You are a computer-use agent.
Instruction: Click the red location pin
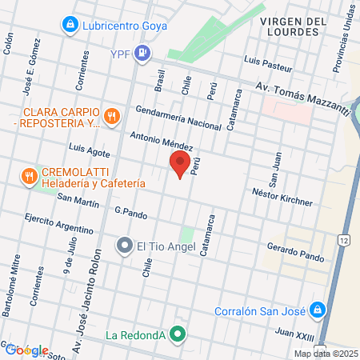180,164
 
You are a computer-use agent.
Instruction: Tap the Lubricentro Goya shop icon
71,25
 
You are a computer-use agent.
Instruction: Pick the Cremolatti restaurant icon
29,175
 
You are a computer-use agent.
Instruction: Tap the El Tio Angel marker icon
124,245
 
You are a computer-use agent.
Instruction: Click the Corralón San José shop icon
318,309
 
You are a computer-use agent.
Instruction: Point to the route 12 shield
343,240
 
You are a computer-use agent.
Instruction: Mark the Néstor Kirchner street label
282,197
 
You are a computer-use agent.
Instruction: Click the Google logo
26,350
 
